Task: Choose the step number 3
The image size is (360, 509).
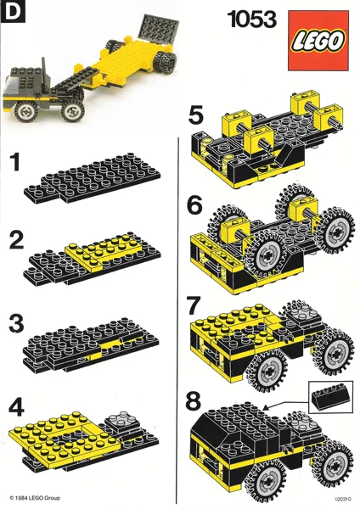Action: [x=15, y=325]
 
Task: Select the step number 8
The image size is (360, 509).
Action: [x=196, y=400]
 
